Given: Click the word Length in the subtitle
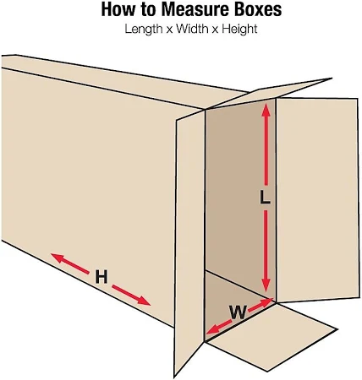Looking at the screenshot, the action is (144, 29).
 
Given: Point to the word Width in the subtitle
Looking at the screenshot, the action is (192, 29).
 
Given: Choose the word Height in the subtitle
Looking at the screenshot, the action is (239, 29).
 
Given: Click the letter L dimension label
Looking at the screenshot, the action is (265, 197).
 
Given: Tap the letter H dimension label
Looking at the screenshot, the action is (101, 277).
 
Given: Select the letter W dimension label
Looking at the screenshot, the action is (238, 312).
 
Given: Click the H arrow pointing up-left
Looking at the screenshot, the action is (69, 263).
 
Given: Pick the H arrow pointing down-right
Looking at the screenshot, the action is (131, 295).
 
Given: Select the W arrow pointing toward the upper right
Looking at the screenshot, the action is (261, 305).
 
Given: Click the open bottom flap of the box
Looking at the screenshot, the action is (271, 336).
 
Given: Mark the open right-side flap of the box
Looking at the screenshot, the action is (318, 200).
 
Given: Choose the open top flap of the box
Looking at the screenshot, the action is (268, 93).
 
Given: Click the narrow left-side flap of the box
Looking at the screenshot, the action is (190, 242).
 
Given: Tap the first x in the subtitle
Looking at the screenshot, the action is (169, 30).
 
